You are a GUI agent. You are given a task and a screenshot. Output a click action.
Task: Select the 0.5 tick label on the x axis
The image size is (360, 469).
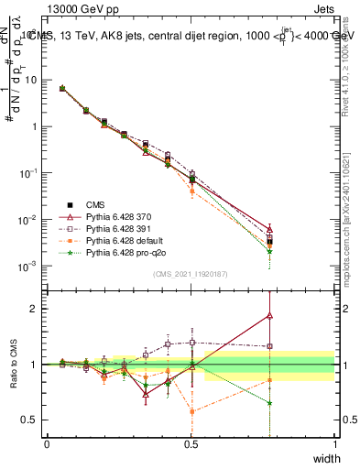(x=191, y=443)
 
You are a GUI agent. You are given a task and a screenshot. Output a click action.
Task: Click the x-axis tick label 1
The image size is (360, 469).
(x=335, y=443)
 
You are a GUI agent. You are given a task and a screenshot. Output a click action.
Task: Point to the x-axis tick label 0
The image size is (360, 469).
(x=48, y=443)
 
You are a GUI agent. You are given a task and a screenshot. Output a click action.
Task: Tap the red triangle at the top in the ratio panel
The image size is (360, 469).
(x=269, y=315)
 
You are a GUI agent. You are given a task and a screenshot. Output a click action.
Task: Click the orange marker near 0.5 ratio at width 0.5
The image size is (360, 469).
(x=191, y=411)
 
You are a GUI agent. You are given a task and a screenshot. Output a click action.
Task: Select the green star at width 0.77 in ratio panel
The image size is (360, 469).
(x=269, y=403)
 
